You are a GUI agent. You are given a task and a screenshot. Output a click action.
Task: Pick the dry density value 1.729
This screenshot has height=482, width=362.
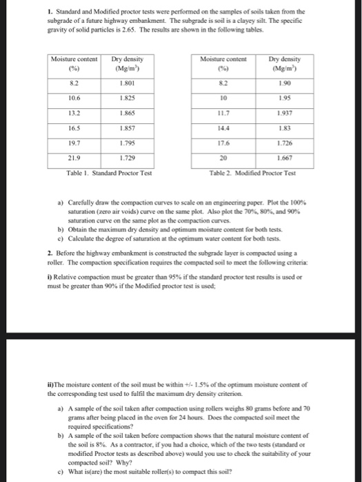coord(125,158)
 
